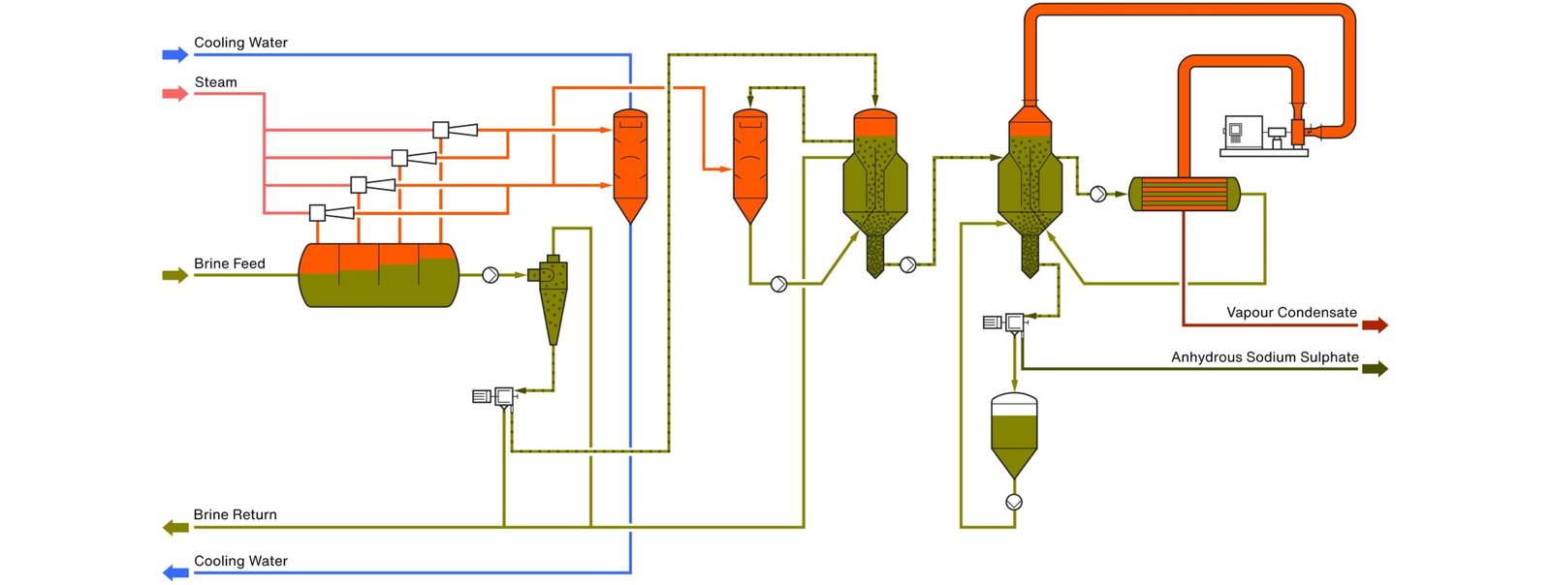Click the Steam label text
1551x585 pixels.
(215, 82)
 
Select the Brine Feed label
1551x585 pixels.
(229, 263)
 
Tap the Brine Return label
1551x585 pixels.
(235, 514)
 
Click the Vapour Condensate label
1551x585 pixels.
(1291, 312)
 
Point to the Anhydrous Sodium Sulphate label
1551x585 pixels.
(1264, 356)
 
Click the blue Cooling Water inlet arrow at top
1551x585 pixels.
(174, 54)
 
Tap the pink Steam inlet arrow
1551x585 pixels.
(174, 94)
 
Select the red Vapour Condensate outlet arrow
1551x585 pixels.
(1375, 325)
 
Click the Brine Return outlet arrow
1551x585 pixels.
(175, 527)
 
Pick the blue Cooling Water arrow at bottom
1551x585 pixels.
(174, 572)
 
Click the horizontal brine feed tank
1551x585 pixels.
(378, 275)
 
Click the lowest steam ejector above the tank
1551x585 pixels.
(331, 212)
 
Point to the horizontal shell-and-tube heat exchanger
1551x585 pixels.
(1184, 194)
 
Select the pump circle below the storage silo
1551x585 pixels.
(1014, 502)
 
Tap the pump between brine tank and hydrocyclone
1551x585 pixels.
(491, 275)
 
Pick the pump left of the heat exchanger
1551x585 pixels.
(1097, 194)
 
